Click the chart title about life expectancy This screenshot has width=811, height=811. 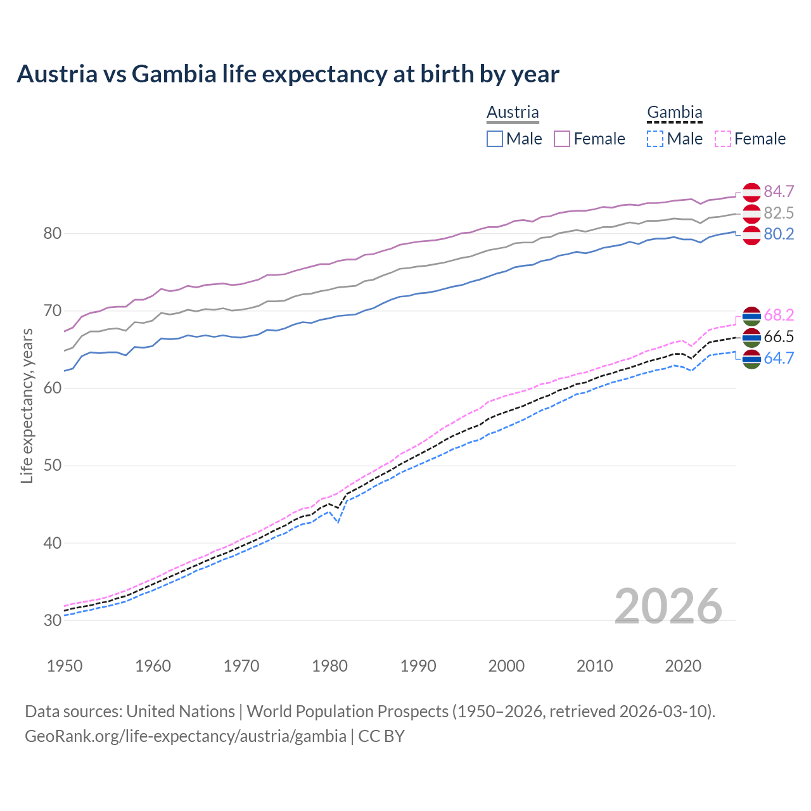pyautogui.click(x=288, y=74)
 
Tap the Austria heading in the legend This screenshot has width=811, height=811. pyautogui.click(x=513, y=112)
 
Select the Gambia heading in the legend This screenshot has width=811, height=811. pyautogui.click(x=674, y=112)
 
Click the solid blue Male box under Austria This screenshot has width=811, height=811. pyautogui.click(x=495, y=139)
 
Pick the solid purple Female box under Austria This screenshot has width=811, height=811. pyautogui.click(x=562, y=139)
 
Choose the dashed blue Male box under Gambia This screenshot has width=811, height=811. pyautogui.click(x=655, y=139)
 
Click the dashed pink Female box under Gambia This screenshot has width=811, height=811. pyautogui.click(x=723, y=139)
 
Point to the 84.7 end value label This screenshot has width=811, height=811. pyautogui.click(x=779, y=191)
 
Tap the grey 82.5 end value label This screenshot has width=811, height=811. pyautogui.click(x=779, y=213)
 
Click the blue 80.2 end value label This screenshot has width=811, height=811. pyautogui.click(x=779, y=234)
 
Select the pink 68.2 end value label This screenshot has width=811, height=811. pyautogui.click(x=779, y=315)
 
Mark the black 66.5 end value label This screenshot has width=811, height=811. pyautogui.click(x=779, y=336)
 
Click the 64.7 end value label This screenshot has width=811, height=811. pyautogui.click(x=779, y=358)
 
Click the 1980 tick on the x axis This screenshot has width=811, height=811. pyautogui.click(x=329, y=666)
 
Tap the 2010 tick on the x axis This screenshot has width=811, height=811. pyautogui.click(x=594, y=666)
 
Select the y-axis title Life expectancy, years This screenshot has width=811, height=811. pyautogui.click(x=27, y=405)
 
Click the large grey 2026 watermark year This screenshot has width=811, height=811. pyautogui.click(x=668, y=606)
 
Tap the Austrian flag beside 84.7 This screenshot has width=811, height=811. pyautogui.click(x=751, y=191)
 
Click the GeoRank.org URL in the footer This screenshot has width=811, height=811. pyautogui.click(x=185, y=736)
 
